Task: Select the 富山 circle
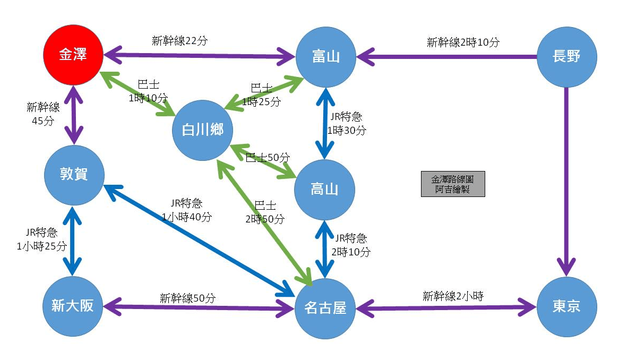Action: [x=325, y=55]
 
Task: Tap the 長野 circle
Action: [x=566, y=55]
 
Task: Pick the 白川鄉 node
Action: [x=202, y=130]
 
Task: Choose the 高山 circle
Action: [x=324, y=188]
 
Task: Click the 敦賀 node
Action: [x=74, y=174]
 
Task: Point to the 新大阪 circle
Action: [x=73, y=306]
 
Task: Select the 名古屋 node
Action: [x=325, y=307]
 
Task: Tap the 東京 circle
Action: [x=566, y=306]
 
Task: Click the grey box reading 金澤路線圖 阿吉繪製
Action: [x=452, y=184]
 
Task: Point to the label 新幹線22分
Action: [x=179, y=41]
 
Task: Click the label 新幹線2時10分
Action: [x=463, y=42]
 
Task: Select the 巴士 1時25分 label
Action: [x=261, y=96]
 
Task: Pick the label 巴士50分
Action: [x=268, y=158]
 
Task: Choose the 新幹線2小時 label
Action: [x=453, y=296]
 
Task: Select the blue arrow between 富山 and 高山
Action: [x=324, y=122]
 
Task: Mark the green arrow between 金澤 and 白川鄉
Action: [x=138, y=93]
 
